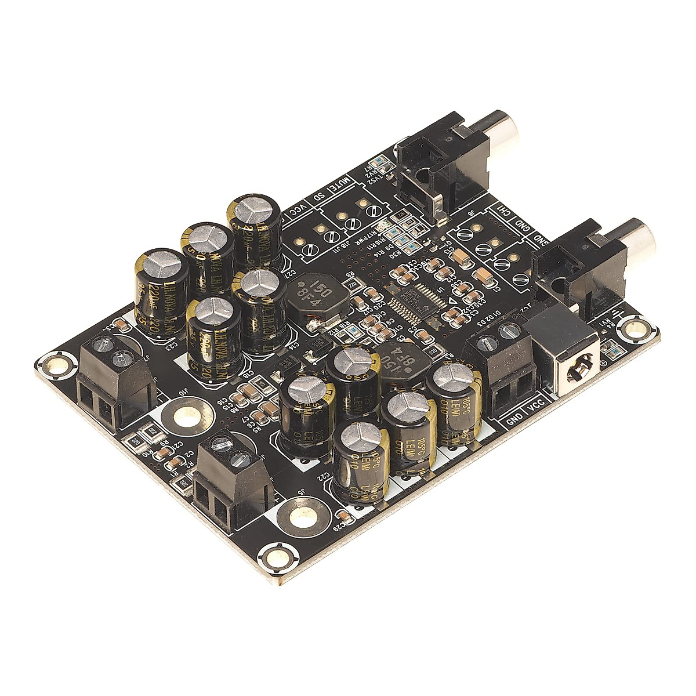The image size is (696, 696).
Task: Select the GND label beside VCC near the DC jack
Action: pos(514,420)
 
